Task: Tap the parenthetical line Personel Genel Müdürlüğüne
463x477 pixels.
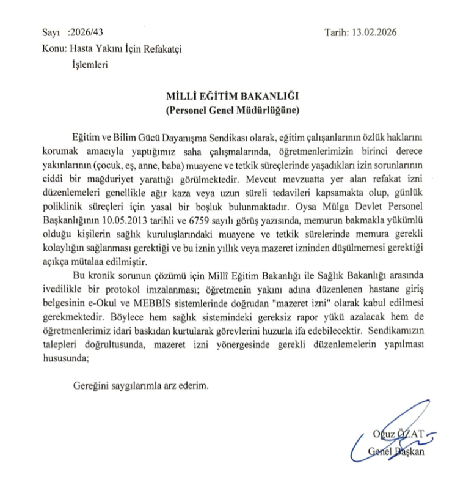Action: click(231, 111)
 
